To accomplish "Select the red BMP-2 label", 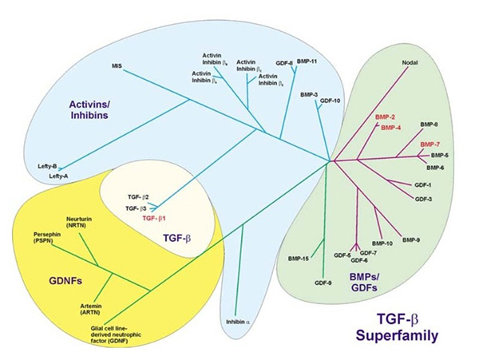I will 386,117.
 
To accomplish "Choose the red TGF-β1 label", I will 156,217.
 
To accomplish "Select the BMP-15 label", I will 300,259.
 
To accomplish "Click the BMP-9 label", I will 412,239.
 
